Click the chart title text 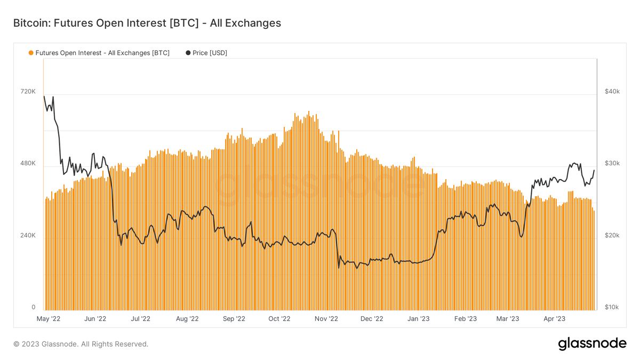coord(147,23)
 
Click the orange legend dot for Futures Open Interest coord(31,53)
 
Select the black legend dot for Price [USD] coord(188,53)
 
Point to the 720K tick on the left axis coord(28,92)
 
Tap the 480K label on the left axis coord(28,163)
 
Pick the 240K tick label coord(28,235)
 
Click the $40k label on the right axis coord(612,92)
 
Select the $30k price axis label coord(612,163)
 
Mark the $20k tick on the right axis coord(612,235)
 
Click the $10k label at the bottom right coord(612,307)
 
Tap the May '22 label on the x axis coord(49,319)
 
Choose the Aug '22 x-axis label coord(187,319)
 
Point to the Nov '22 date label coord(326,319)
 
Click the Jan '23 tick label coord(419,319)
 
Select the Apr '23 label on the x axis coord(554,319)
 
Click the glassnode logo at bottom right coord(592,344)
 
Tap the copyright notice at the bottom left coord(81,344)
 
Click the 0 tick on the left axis coord(33,307)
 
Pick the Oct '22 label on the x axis coord(279,319)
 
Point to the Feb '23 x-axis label coord(465,319)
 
